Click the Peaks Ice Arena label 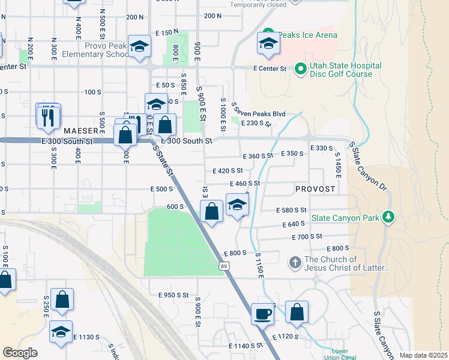click(307, 35)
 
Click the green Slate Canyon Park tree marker click(389, 216)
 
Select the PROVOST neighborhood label click(315, 189)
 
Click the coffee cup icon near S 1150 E click(262, 313)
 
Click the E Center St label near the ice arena click(270, 69)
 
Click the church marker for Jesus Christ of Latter click(295, 262)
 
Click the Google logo click(20, 353)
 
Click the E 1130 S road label click(86, 337)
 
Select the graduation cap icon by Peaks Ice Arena click(268, 43)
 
